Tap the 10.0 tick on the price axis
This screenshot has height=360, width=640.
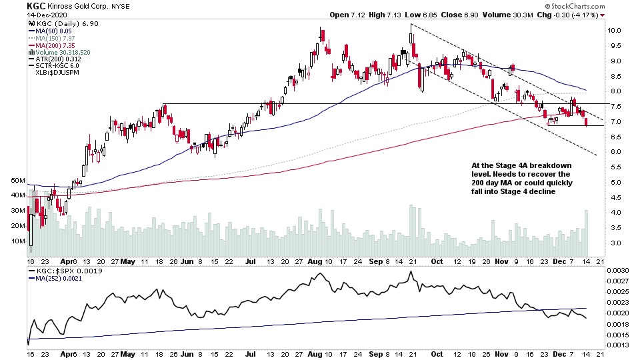pos(614,31)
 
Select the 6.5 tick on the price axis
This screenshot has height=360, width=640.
pos(614,137)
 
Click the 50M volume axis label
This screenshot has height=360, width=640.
pos(17,181)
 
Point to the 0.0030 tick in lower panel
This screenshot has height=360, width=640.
pos(620,270)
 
